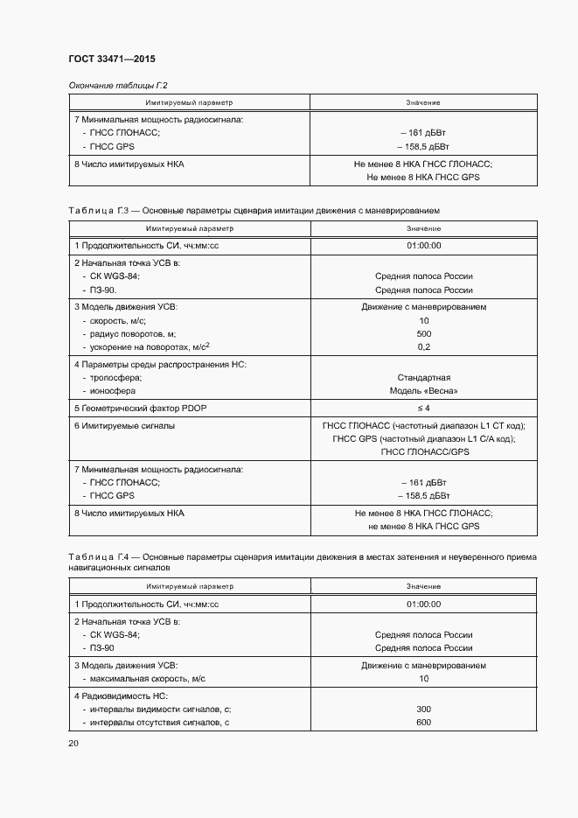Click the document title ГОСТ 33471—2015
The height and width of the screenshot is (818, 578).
coord(111,59)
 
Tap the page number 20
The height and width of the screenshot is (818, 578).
coord(73,744)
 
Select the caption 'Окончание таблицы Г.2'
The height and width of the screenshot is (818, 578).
coord(117,85)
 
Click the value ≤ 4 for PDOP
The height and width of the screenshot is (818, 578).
coord(424,409)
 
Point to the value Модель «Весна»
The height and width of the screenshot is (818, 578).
coord(424,390)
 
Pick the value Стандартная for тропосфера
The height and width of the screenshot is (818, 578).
coord(424,377)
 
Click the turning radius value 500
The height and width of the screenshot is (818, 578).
coord(424,334)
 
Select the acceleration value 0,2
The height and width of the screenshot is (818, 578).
coord(424,347)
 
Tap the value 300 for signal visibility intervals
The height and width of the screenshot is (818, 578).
coord(424,709)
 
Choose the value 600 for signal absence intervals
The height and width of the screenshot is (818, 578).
coord(424,722)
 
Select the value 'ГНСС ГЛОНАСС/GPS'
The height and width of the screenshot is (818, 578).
coord(424,451)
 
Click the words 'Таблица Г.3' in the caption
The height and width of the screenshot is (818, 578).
coord(99,212)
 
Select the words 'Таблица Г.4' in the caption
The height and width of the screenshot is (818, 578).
coord(99,556)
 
